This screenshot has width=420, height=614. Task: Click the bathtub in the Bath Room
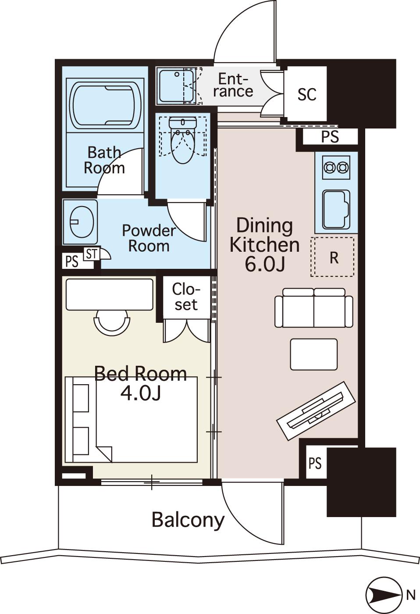point(105,106)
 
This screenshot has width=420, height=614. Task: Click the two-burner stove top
point(336,168)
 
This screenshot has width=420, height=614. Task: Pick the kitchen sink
point(336,209)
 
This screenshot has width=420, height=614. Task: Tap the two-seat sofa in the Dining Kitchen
point(314,307)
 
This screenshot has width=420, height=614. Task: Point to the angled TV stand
point(317,411)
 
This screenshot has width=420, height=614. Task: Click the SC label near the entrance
point(307,94)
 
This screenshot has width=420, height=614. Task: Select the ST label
point(92,254)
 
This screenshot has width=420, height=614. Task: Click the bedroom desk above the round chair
point(110,295)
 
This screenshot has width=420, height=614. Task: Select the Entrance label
point(233,86)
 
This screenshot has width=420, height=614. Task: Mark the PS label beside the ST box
point(72,262)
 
